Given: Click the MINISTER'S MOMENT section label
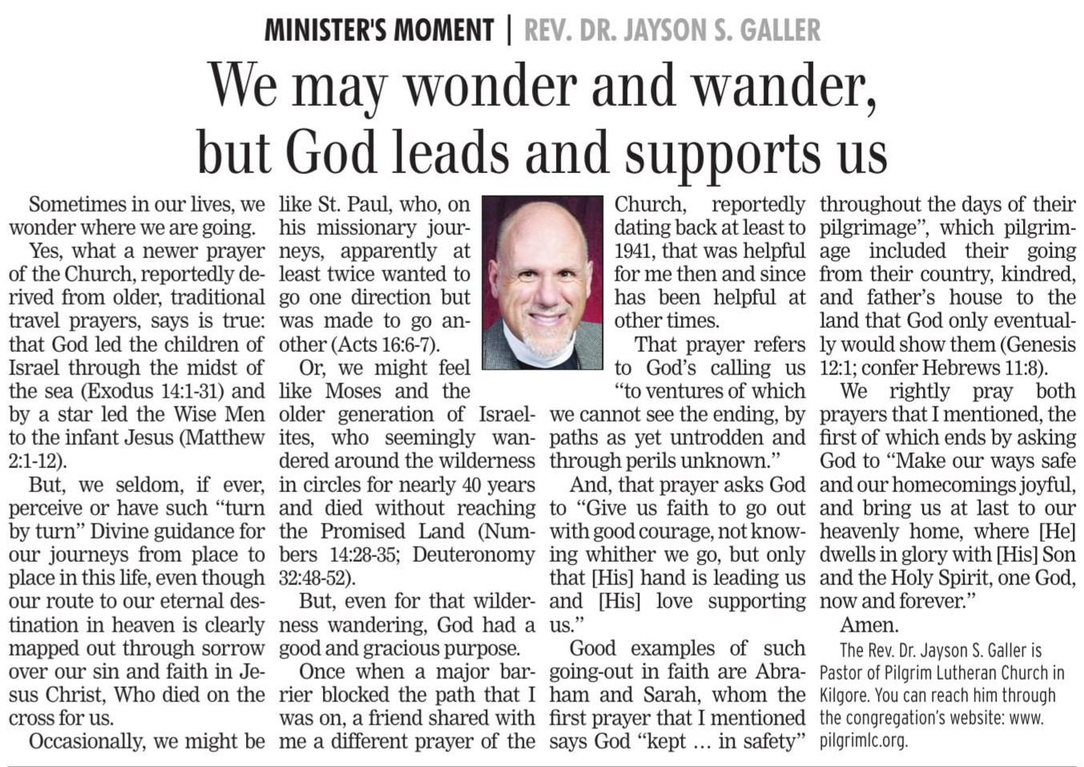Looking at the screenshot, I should [379, 30].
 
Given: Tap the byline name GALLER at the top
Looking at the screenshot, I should [780, 30].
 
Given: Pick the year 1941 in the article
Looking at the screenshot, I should [635, 251].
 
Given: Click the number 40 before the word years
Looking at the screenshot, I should [472, 485].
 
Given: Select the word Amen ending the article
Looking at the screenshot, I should [868, 625].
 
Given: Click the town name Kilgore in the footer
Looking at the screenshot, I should [844, 696].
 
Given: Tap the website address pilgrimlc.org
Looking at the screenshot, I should [863, 741].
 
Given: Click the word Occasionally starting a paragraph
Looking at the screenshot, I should [87, 741].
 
